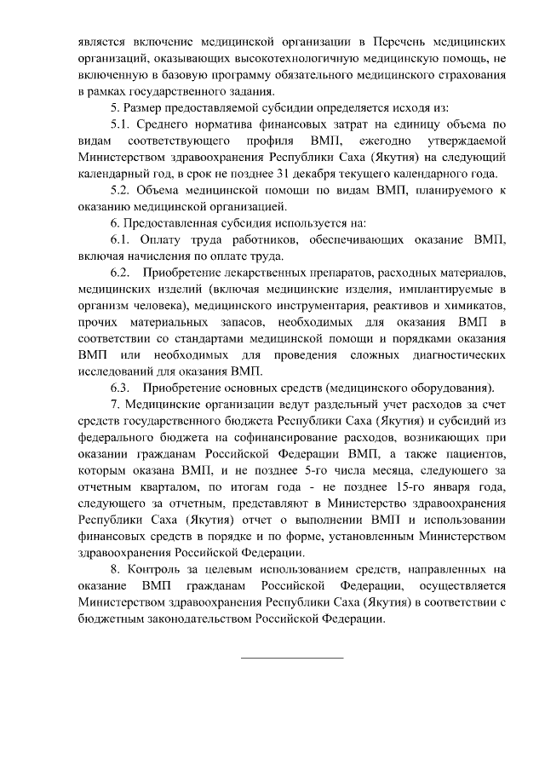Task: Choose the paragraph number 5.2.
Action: pyautogui.click(x=123, y=190)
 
